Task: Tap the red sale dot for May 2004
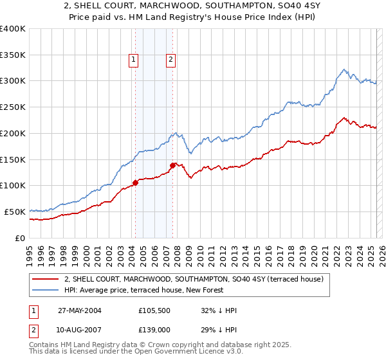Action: (136, 183)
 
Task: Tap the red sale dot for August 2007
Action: (172, 165)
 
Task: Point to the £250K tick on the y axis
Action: (13, 107)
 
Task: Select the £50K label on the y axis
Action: (15, 212)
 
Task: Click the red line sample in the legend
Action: (46, 279)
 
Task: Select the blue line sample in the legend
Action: (46, 290)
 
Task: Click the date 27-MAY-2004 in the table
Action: (80, 310)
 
